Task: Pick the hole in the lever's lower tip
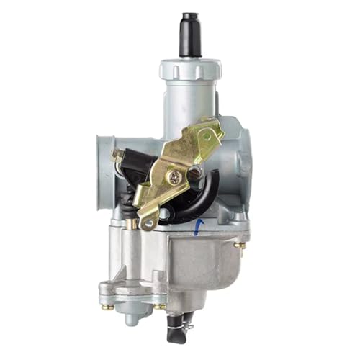click(x=149, y=222)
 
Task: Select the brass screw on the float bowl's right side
click(x=241, y=245)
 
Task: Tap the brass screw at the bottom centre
click(x=160, y=305)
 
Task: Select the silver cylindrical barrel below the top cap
click(x=191, y=108)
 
